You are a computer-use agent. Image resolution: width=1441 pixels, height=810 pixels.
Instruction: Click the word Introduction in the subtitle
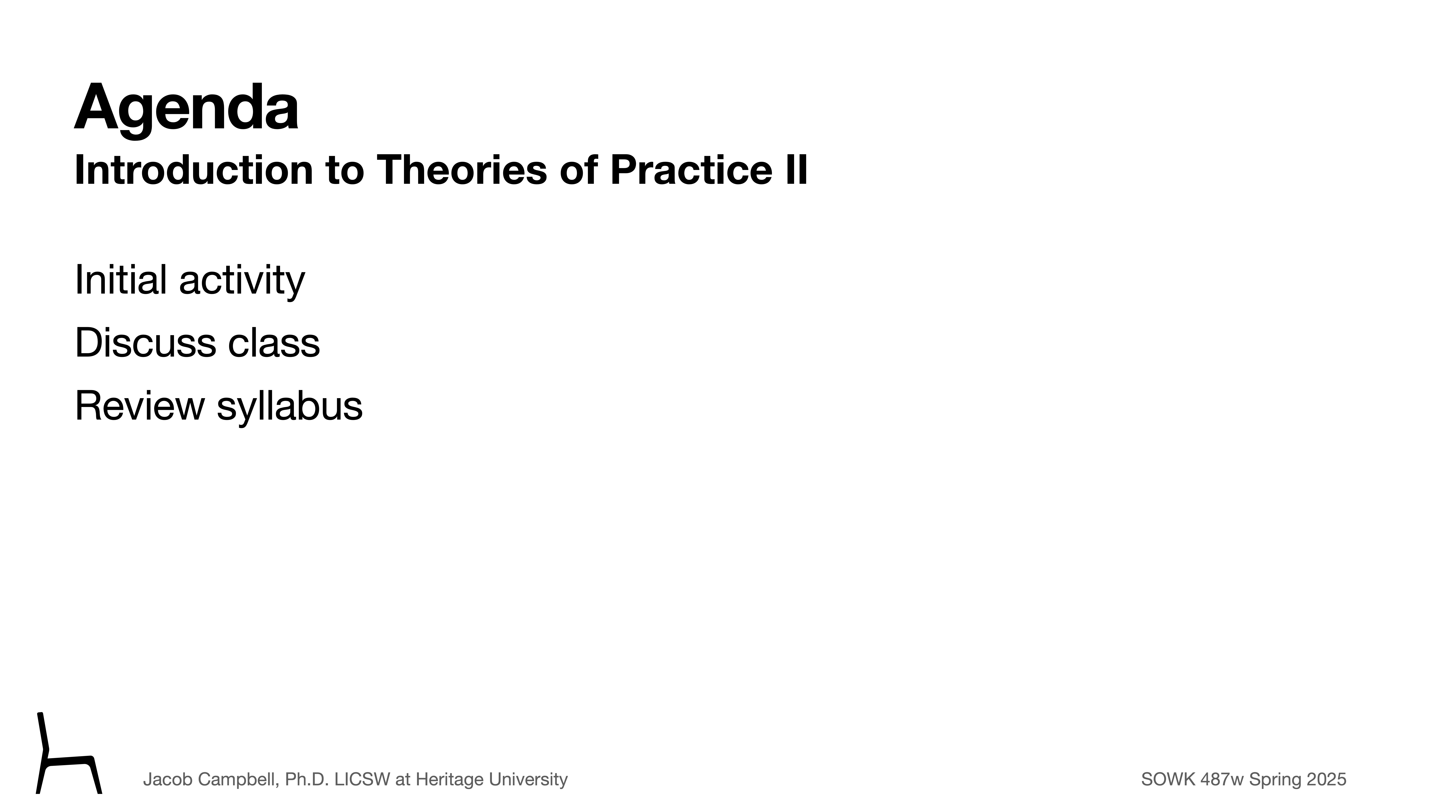[194, 170]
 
